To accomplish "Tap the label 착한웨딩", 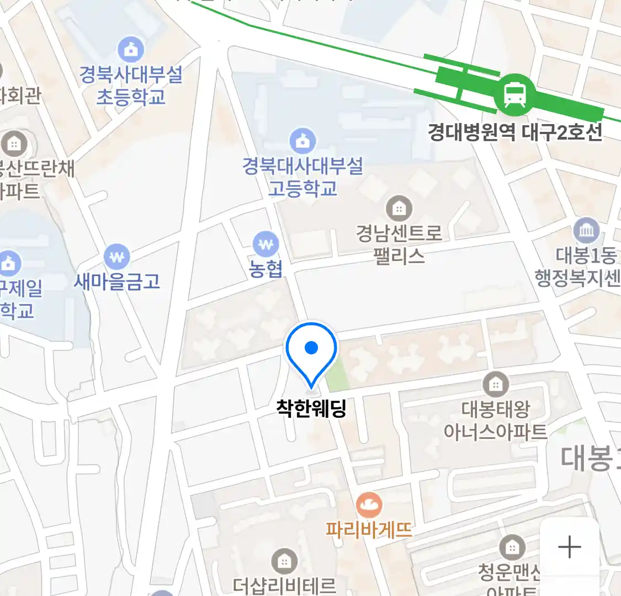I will pos(311,408).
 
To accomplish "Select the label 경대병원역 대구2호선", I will pos(514,132).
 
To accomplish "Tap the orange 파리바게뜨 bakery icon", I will pos(369,505).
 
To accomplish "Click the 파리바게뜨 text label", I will pos(369,530).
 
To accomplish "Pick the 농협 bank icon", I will pos(266,244).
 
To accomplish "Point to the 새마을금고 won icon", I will pos(117,257).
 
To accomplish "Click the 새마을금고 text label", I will pos(117,281).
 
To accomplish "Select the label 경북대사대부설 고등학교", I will pos(302,177).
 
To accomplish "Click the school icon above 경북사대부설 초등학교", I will pos(131,50).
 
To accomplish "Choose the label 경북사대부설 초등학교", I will pos(131,86).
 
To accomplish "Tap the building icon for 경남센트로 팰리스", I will pos(399,209).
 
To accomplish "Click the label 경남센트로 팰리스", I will pos(399,244).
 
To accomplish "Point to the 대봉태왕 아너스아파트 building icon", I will pos(495,384).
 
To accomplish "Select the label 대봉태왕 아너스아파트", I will pos(495,420).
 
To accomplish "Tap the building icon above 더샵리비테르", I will pos(284,562).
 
